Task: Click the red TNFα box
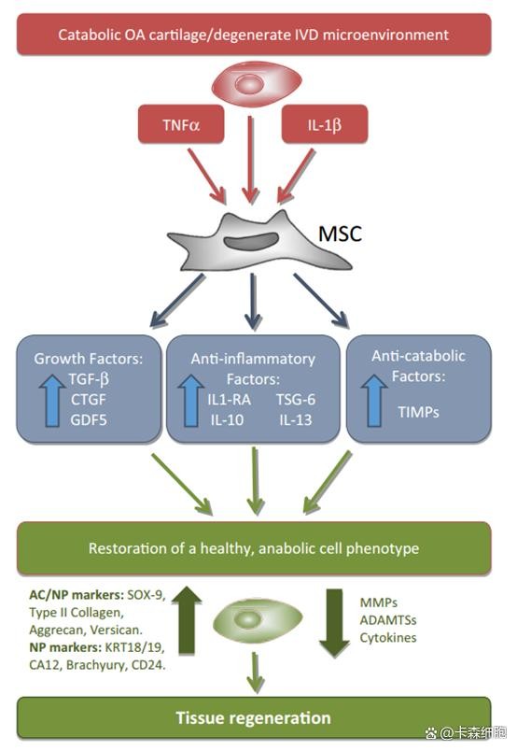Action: point(181,124)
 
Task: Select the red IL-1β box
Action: point(325,124)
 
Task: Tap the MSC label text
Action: point(340,234)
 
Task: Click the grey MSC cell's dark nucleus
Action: point(252,240)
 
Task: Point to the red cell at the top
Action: point(257,85)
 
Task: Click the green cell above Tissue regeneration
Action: point(257,621)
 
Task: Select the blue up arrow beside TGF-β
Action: point(52,401)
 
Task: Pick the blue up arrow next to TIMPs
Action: point(374,401)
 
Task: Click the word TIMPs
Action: point(418,412)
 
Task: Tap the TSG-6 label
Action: point(295,400)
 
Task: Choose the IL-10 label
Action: point(227,420)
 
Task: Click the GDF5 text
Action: point(89,420)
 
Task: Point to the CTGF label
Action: point(89,400)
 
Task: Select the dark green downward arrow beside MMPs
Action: point(335,623)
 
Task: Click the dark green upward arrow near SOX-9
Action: point(187,620)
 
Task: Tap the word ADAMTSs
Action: point(388,620)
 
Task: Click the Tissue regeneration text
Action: point(253,718)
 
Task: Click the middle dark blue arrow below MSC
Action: point(253,302)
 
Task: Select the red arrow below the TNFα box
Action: point(207,177)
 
